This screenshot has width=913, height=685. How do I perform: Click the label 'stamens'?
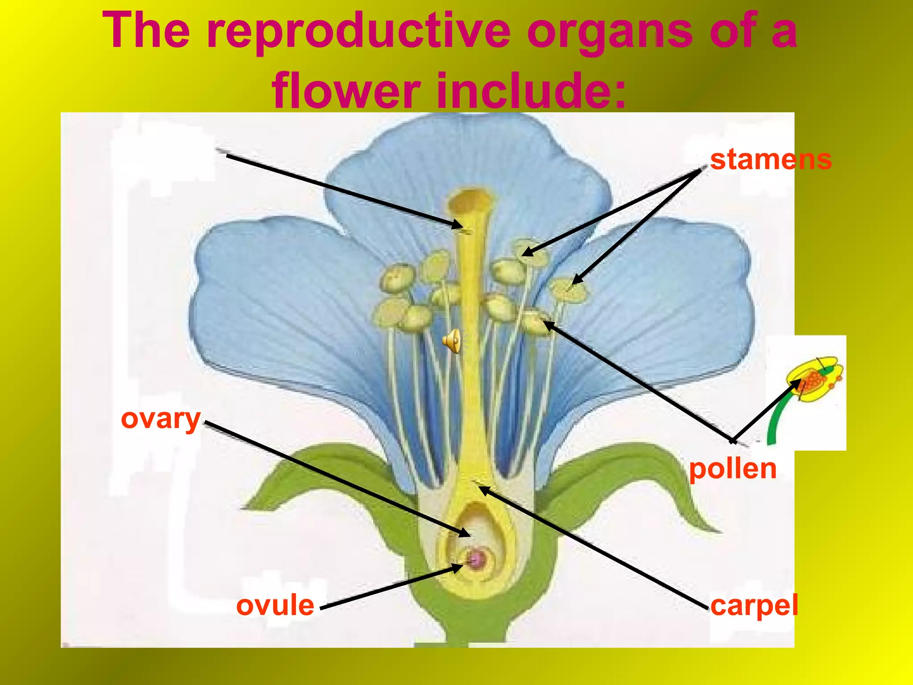click(771, 160)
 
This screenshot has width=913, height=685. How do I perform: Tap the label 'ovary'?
click(161, 419)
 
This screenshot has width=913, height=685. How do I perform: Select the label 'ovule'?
click(275, 606)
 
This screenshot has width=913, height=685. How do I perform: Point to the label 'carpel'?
click(754, 606)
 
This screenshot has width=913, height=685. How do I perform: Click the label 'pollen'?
click(733, 469)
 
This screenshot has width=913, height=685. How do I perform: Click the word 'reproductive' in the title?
click(359, 31)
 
